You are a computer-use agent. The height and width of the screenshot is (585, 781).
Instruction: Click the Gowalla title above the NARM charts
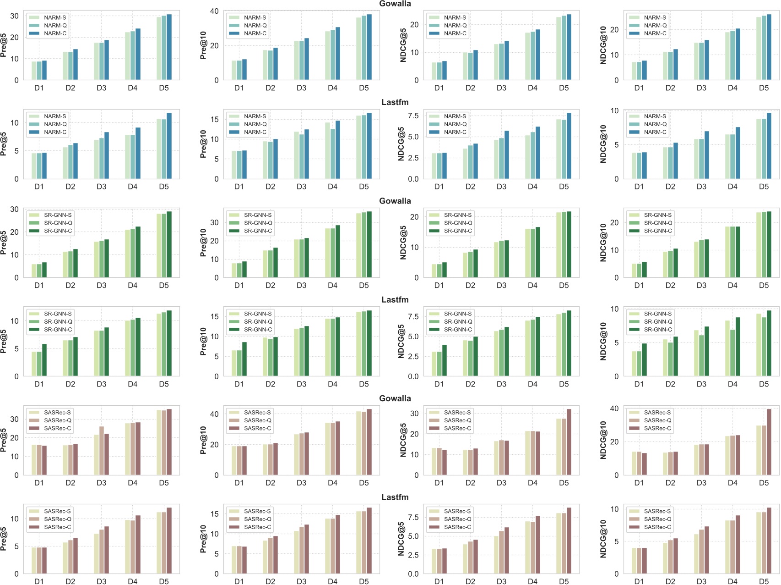tap(395, 4)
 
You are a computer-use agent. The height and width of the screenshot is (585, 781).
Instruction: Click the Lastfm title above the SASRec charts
tap(395, 497)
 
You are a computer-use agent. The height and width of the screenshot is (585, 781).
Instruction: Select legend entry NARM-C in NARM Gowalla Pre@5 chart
tap(55, 33)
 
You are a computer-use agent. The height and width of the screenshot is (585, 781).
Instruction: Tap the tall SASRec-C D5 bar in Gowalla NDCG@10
tap(769, 442)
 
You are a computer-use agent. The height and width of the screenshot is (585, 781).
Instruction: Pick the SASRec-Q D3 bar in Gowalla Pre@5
tap(102, 451)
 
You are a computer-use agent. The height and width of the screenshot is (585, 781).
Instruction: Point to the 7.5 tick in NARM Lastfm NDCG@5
tap(413, 116)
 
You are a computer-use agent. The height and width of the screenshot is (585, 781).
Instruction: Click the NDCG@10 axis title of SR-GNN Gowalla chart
tap(603, 243)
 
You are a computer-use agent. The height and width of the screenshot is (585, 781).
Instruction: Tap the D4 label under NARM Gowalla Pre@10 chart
tap(332, 88)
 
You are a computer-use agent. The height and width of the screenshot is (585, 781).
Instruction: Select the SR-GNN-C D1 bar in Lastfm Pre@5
tap(44, 360)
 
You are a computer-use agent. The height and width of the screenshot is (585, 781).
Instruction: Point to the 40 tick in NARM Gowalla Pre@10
tap(214, 11)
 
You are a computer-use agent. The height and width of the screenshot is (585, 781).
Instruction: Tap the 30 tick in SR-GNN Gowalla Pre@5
tap(15, 210)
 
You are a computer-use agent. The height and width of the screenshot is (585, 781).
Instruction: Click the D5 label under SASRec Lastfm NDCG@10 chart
tap(764, 581)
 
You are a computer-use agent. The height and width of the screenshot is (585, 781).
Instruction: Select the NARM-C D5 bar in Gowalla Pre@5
tap(169, 47)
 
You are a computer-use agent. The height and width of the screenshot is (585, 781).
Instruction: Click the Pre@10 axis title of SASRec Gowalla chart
tap(203, 440)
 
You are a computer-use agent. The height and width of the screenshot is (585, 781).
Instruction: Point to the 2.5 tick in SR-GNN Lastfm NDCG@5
tap(413, 357)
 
